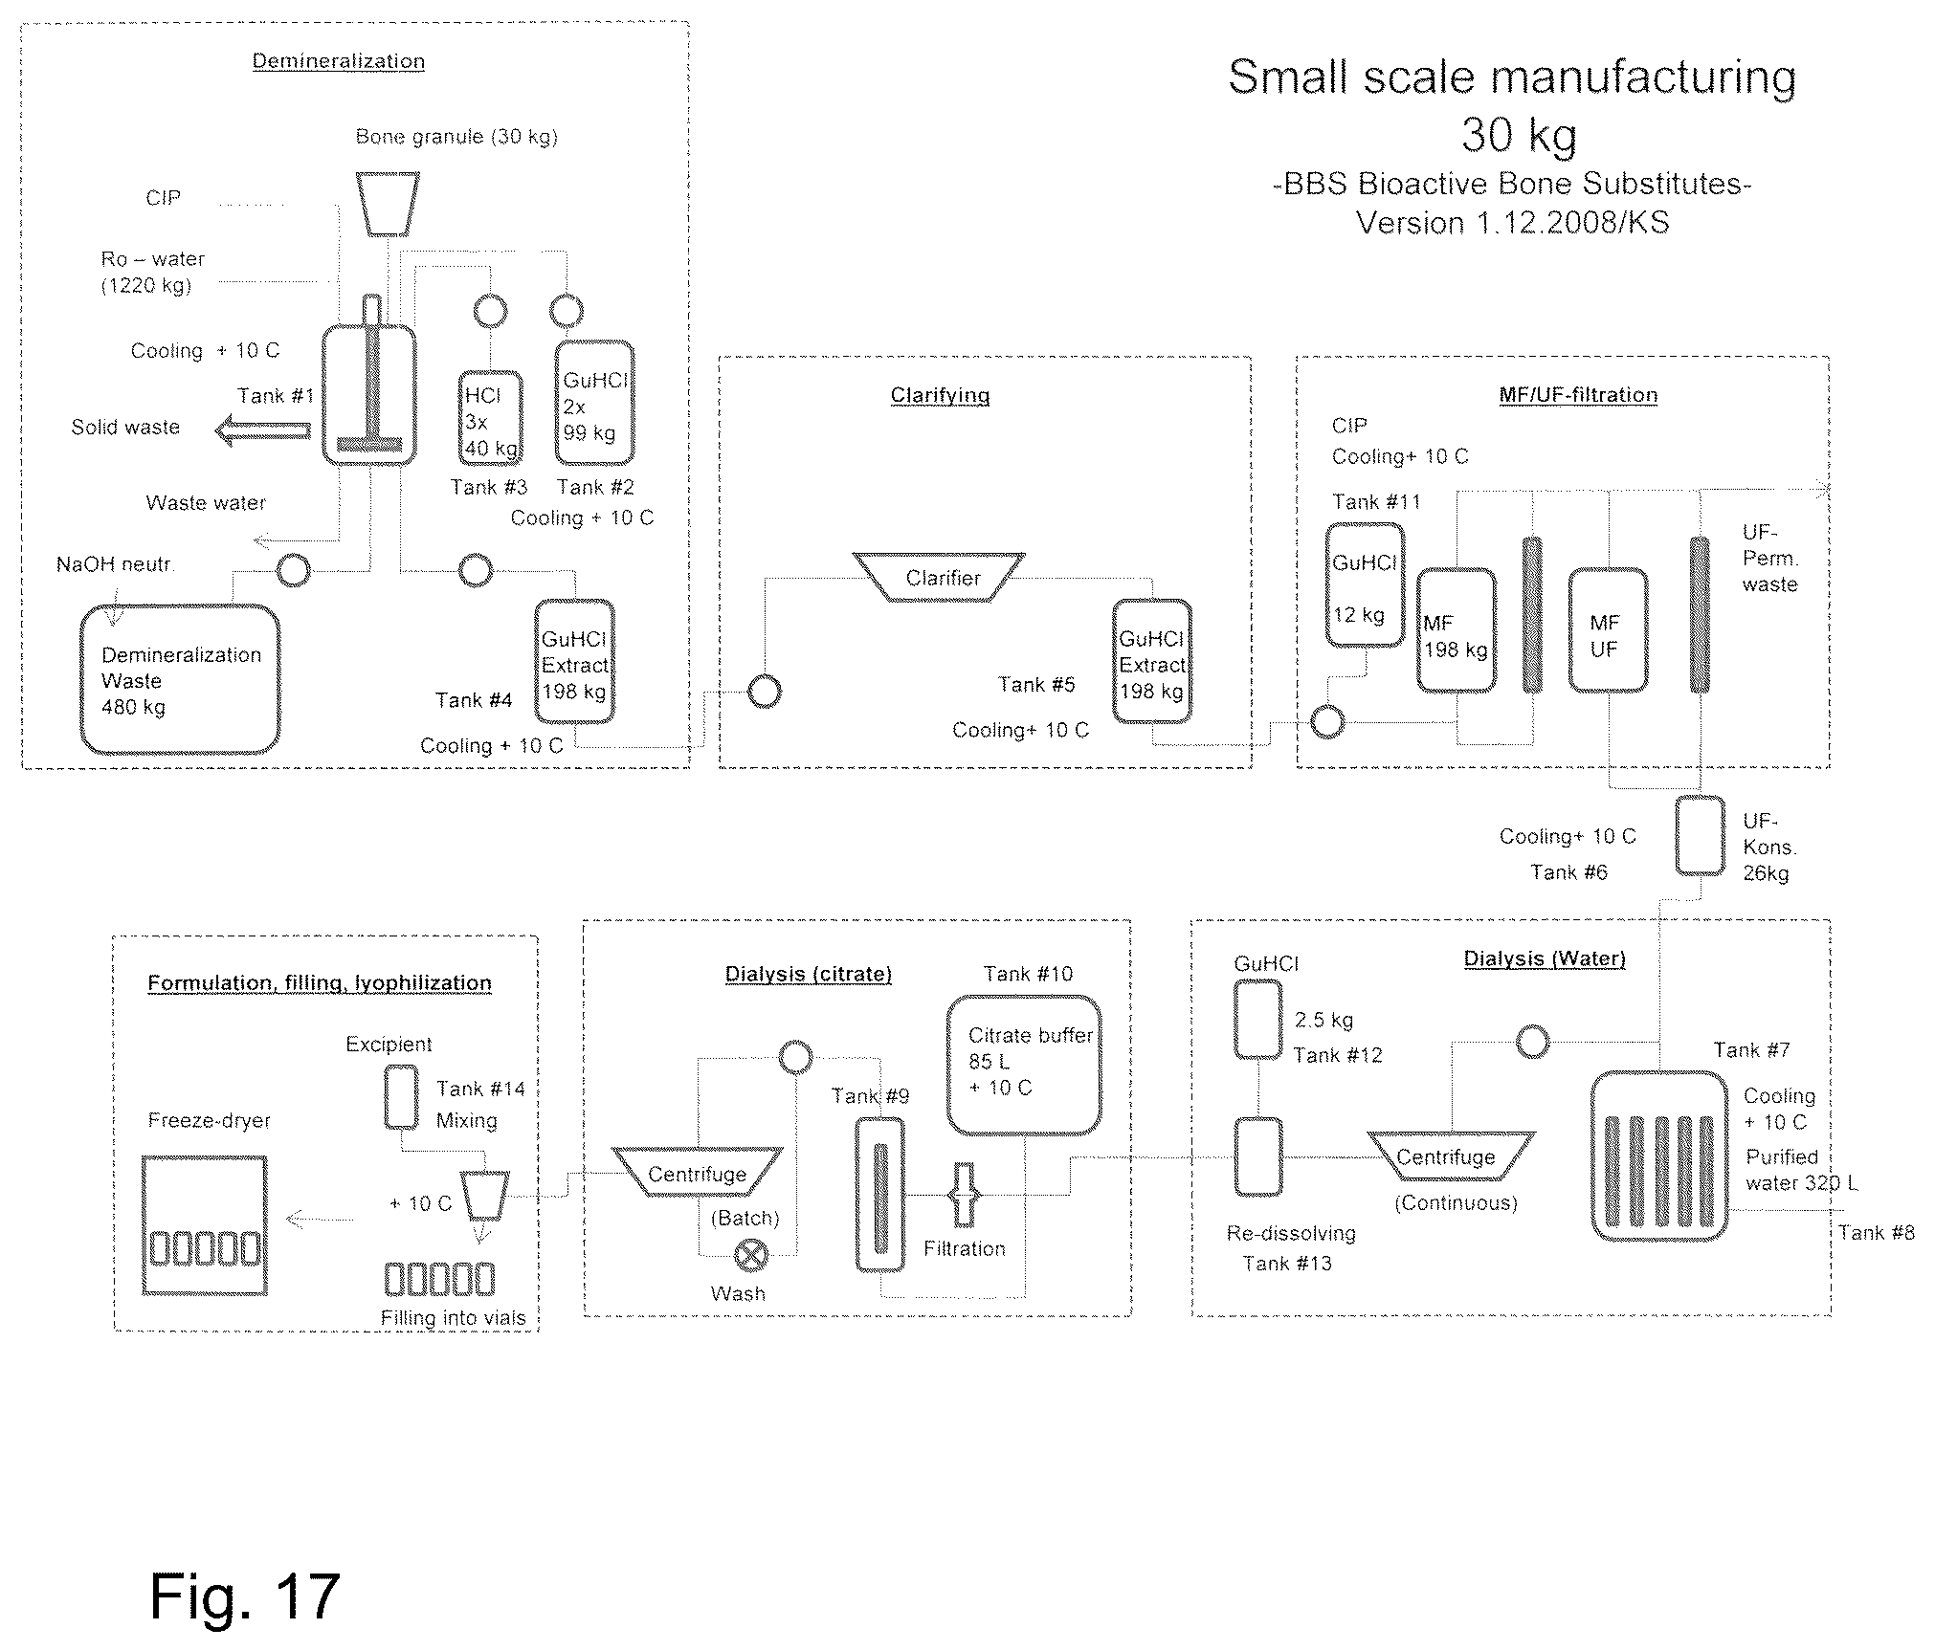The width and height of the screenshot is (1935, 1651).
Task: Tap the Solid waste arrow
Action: pyautogui.click(x=263, y=431)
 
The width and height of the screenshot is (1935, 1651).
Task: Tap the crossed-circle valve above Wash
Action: pyautogui.click(x=751, y=1255)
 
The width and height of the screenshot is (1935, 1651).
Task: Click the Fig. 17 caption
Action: pyautogui.click(x=245, y=1596)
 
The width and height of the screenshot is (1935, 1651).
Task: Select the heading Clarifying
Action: pyautogui.click(x=940, y=395)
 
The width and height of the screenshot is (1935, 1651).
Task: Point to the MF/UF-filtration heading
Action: pyautogui.click(x=1578, y=395)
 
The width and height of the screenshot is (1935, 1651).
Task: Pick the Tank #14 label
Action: pyautogui.click(x=480, y=1089)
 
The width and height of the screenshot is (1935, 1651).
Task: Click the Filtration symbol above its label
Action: pyautogui.click(x=964, y=1195)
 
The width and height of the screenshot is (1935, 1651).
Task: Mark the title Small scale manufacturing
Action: pyautogui.click(x=1512, y=77)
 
